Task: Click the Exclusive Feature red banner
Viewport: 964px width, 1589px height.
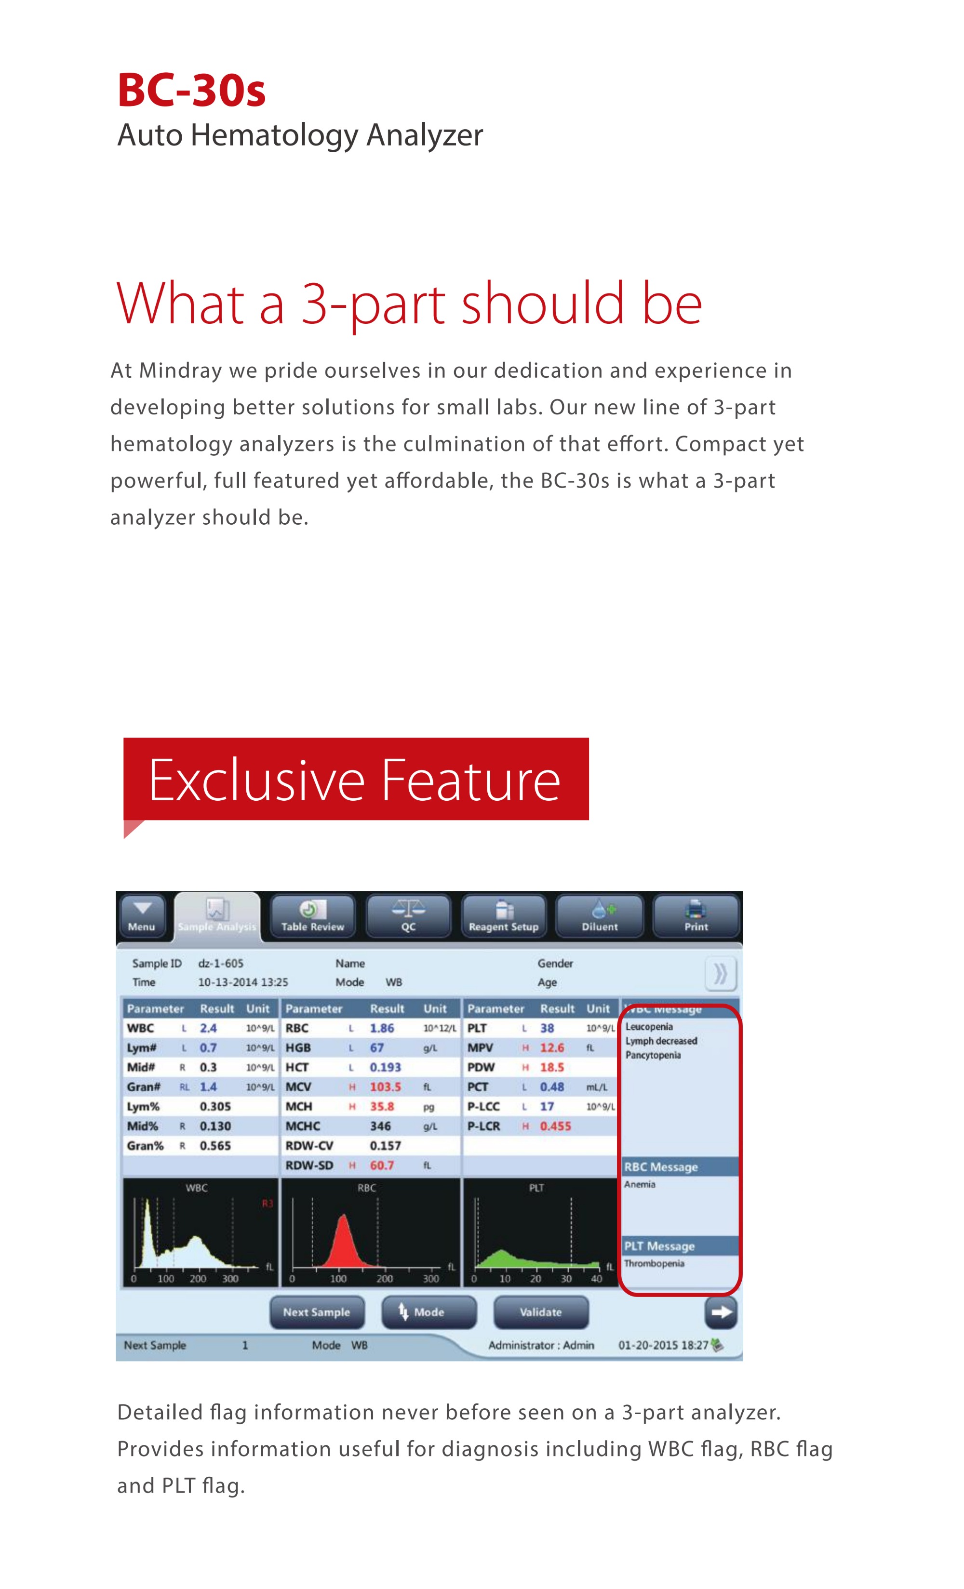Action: pos(356,779)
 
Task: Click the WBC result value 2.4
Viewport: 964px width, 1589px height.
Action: pos(208,1029)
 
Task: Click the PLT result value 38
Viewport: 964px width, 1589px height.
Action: pos(547,1029)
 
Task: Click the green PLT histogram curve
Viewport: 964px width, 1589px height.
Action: pos(503,1257)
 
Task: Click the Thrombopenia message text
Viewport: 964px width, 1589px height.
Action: pos(654,1263)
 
